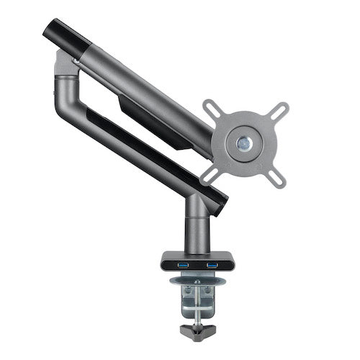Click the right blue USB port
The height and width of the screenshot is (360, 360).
pos(212,266)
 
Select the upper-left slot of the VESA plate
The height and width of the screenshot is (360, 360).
pos(214,110)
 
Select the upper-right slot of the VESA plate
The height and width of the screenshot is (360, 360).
pos(277,110)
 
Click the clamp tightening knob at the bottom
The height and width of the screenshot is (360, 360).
pos(196,333)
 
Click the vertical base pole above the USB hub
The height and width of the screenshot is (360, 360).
pos(197,227)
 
